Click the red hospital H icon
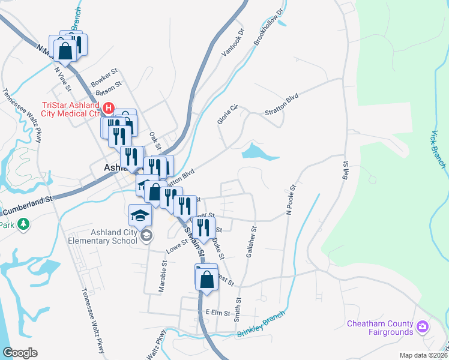click(x=109, y=109)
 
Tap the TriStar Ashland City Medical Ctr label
click(x=69, y=109)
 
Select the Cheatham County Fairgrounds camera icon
click(x=423, y=327)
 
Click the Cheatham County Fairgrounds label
click(x=381, y=328)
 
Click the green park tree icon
click(x=23, y=224)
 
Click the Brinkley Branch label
click(x=261, y=324)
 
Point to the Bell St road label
click(x=345, y=172)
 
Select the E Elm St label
click(x=218, y=312)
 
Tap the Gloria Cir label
click(x=228, y=114)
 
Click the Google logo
click(x=20, y=352)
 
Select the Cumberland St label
click(x=27, y=208)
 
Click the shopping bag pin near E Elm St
click(x=206, y=280)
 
